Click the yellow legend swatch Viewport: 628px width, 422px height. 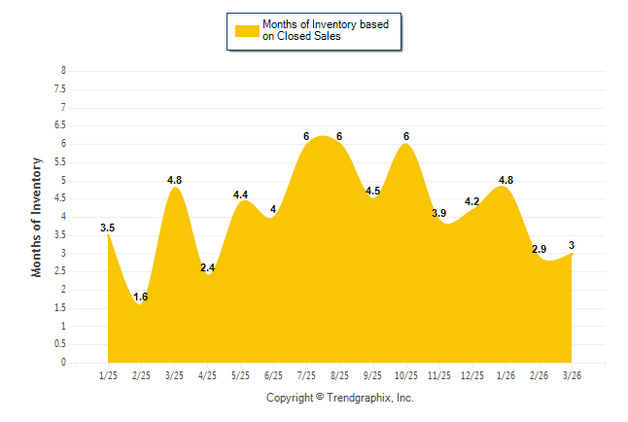tap(247, 30)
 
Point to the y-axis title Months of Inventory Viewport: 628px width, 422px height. tap(37, 217)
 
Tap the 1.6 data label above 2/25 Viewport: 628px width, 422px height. tap(141, 297)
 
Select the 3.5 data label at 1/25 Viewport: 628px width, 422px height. tap(108, 229)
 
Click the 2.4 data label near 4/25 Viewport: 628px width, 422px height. tap(207, 267)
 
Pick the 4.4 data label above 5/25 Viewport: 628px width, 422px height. tap(240, 194)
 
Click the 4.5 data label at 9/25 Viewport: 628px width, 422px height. tap(372, 191)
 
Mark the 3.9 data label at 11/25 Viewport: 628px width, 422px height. tap(438, 213)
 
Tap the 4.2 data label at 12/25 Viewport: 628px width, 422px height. tap(472, 202)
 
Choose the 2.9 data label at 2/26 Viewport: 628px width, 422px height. tap(539, 250)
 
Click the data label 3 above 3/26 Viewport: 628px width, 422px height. tap(572, 245)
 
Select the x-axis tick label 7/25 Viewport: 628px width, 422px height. tap(306, 375)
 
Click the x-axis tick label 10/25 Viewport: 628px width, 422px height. tap(405, 375)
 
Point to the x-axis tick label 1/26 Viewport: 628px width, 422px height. tap(506, 375)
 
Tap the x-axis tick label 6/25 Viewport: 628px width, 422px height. tap(273, 375)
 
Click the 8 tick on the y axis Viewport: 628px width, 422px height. tap(63, 71)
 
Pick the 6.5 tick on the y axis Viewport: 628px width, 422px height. tap(60, 125)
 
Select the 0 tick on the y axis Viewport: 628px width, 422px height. tap(63, 363)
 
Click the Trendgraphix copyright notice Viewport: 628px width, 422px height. tap(340, 398)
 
